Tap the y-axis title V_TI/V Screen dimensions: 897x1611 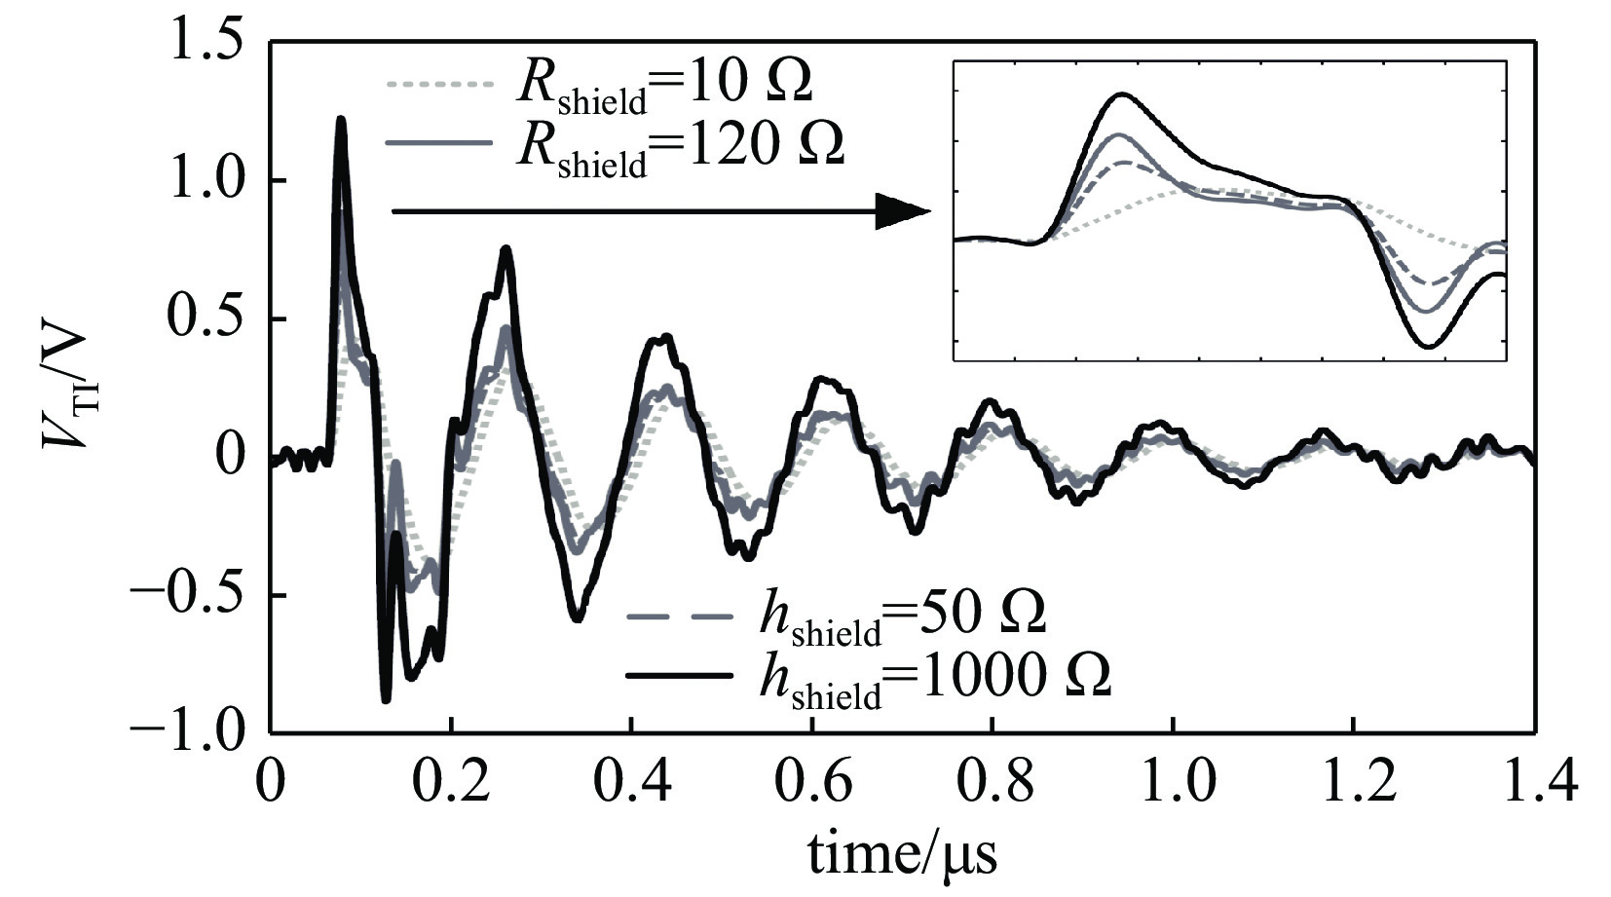(68, 390)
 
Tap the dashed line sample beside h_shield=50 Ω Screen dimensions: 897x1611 (679, 616)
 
